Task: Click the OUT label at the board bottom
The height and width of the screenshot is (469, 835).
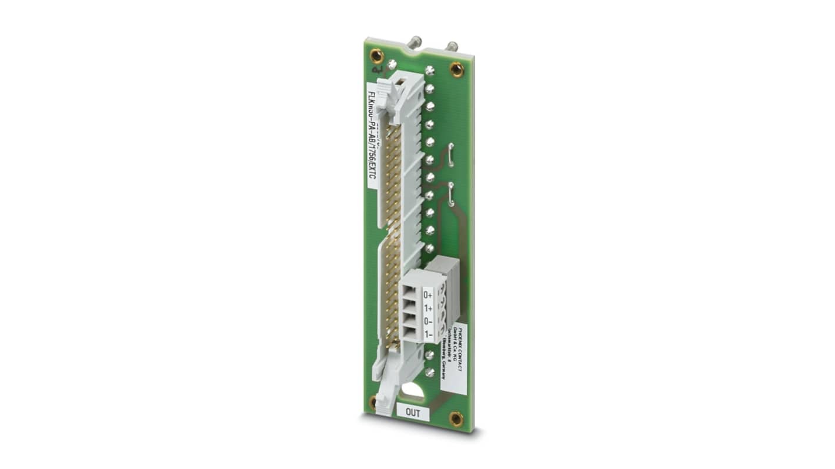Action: (x=413, y=413)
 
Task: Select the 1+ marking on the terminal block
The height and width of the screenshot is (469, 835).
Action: (x=428, y=309)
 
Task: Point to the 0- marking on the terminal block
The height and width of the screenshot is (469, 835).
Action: (x=428, y=321)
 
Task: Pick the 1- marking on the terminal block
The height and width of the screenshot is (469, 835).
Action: (x=428, y=334)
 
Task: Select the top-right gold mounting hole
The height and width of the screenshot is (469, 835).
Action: (x=456, y=69)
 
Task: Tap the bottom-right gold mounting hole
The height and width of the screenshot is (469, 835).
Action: (x=456, y=418)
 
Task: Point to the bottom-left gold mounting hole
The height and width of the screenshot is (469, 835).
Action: (x=373, y=403)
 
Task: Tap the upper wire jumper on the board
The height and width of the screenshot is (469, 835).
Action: (x=451, y=151)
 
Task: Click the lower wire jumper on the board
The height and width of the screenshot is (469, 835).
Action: (x=451, y=194)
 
